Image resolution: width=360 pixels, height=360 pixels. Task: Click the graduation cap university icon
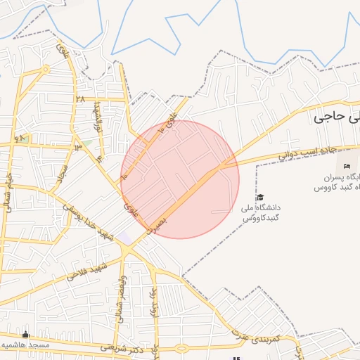tap(259, 198)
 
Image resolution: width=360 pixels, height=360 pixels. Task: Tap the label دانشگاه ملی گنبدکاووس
tap(261, 214)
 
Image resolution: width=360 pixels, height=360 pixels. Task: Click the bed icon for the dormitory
tap(347, 166)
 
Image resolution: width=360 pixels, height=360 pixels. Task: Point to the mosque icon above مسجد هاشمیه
tap(27, 334)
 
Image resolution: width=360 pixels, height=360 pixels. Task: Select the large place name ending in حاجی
tap(337, 117)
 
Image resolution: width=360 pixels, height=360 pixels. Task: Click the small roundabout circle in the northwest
tap(46, 70)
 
